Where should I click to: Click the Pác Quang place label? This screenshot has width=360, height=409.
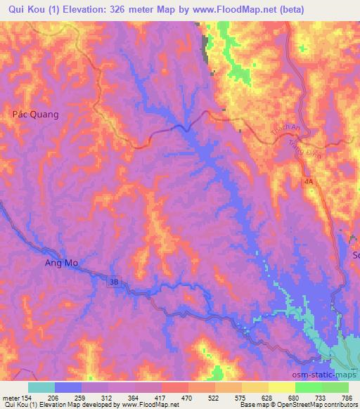pos(35,113)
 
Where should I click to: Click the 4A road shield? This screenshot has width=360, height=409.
pos(309,181)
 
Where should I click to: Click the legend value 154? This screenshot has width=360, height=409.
pos(29,398)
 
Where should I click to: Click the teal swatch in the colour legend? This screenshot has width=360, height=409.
pos(41,387)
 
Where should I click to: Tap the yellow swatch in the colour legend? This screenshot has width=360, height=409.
pos(281,387)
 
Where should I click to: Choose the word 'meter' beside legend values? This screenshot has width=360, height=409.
pos(10,398)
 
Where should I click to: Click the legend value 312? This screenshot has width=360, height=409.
pos(107,398)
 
